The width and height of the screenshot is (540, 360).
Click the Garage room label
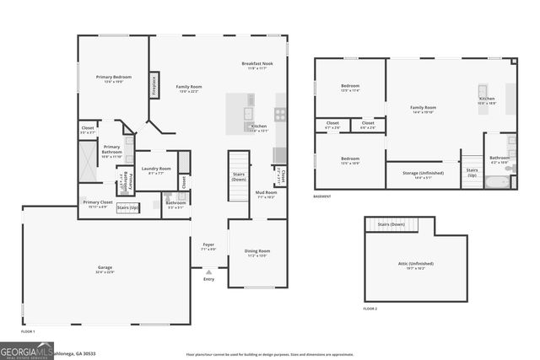pyautogui.click(x=105, y=270)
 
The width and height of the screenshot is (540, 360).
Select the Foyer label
pyautogui.click(x=208, y=247)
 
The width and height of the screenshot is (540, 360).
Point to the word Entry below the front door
pyautogui.click(x=208, y=279)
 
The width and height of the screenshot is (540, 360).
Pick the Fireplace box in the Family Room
pyautogui.click(x=154, y=86)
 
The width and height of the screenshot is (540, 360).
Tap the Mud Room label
pyautogui.click(x=265, y=194)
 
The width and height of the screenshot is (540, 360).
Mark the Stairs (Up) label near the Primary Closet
pyautogui.click(x=127, y=207)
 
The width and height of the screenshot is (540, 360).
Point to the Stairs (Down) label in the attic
pyautogui.click(x=391, y=224)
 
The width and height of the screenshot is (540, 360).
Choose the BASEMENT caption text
pyautogui.click(x=321, y=197)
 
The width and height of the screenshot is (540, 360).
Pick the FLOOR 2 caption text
pyautogui.click(x=370, y=309)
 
